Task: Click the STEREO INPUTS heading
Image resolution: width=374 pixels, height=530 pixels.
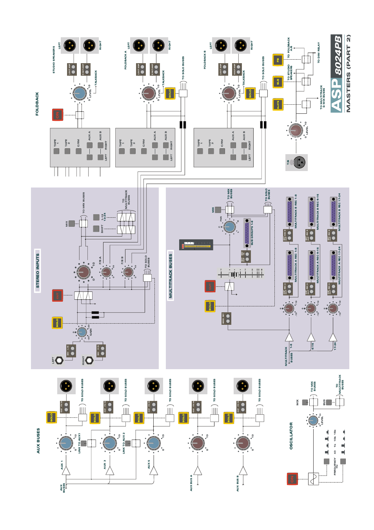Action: click(38, 271)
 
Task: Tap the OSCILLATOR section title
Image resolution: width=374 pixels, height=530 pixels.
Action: click(291, 435)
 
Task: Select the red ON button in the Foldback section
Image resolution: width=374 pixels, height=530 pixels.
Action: click(58, 115)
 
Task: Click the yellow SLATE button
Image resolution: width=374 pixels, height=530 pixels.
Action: click(278, 104)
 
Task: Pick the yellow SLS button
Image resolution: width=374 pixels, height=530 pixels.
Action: click(278, 82)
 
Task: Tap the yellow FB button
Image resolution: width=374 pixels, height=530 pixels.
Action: click(278, 60)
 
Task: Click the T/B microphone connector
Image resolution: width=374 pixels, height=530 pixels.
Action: click(300, 162)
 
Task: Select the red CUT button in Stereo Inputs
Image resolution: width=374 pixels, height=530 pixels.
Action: click(58, 295)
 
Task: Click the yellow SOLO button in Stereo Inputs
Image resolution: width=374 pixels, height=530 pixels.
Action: click(57, 322)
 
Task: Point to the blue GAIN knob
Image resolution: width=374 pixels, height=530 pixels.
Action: click(82, 333)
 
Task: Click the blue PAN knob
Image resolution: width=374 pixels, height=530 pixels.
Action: click(230, 226)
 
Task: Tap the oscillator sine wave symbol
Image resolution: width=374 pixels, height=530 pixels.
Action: click(313, 479)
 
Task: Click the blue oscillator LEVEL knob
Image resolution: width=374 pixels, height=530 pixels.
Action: click(313, 421)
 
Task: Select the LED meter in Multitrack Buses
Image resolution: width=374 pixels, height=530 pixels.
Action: click(196, 245)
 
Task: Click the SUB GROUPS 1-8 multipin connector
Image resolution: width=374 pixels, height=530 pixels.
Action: click(247, 232)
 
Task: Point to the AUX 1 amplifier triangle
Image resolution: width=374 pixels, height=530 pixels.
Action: click(66, 471)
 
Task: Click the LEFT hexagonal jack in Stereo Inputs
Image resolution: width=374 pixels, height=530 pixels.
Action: click(59, 360)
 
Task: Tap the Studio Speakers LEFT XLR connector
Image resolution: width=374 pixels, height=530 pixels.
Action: click(70, 46)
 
